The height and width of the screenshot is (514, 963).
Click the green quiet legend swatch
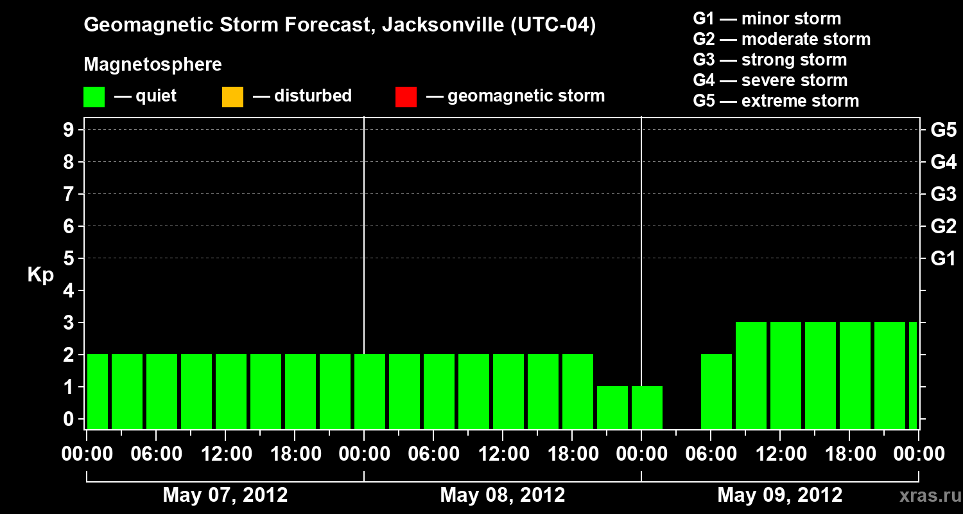[94, 96]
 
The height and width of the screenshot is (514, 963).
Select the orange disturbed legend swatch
[232, 96]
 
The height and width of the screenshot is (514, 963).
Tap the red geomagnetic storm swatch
[406, 96]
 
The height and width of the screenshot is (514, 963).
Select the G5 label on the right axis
[943, 130]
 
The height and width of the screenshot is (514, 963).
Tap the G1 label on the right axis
[943, 258]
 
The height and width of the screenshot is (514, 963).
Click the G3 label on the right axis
[943, 194]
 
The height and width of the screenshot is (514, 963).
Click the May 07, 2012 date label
[225, 495]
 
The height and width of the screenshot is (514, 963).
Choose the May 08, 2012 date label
[503, 495]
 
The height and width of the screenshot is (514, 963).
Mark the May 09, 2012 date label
[779, 495]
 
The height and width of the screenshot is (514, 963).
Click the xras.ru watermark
[925, 495]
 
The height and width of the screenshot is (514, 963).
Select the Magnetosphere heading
[153, 64]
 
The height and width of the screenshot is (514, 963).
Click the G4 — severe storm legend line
[770, 80]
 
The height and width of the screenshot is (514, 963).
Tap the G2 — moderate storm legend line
[782, 39]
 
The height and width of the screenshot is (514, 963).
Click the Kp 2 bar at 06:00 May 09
[716, 391]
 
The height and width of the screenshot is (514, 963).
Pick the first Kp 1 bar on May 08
[612, 407]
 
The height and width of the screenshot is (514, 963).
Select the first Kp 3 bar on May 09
[751, 375]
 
